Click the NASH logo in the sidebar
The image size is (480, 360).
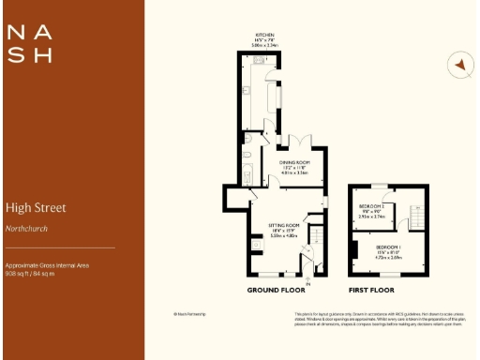[x=30, y=42]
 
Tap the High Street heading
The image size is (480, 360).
[x=36, y=207]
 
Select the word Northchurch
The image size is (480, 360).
[x=25, y=228]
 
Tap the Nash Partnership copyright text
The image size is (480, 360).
[x=189, y=314]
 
